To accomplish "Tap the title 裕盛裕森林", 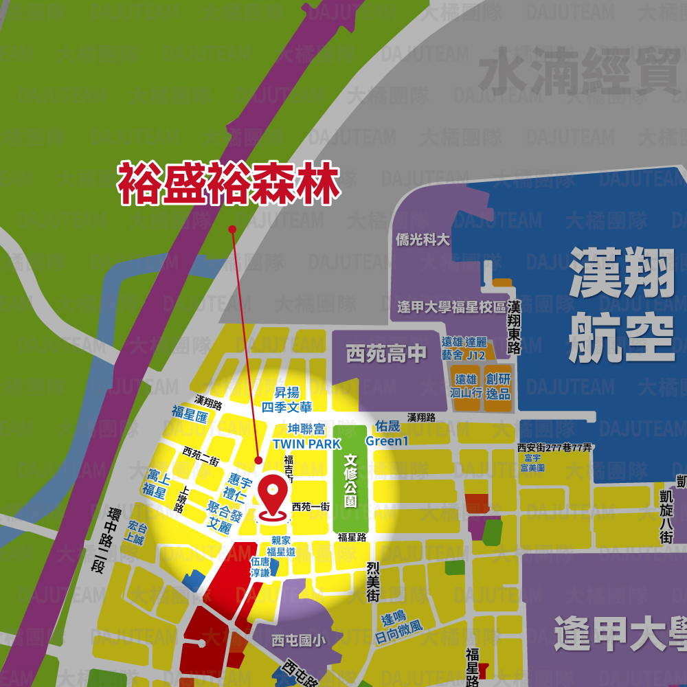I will click(229, 183).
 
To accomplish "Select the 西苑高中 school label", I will click(386, 354).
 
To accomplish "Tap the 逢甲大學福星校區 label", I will click(451, 306).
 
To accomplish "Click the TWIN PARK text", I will click(306, 444).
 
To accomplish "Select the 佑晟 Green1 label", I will click(387, 433).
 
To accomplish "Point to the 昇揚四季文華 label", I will click(286, 399).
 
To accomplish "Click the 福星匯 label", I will click(190, 414).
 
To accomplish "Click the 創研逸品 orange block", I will click(498, 386).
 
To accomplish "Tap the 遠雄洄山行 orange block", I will click(465, 386).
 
